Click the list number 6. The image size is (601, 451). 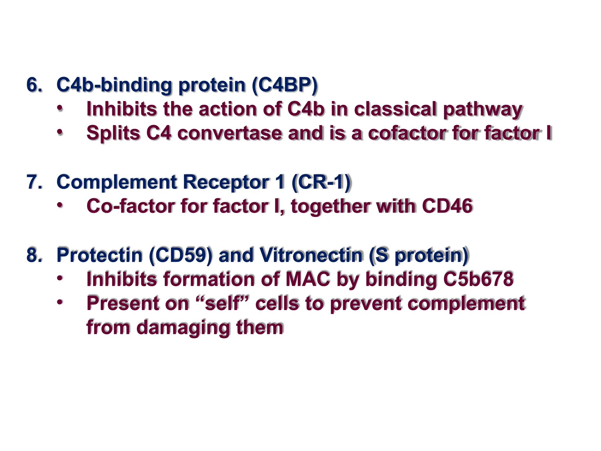34,85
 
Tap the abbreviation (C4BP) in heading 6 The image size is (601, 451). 285,85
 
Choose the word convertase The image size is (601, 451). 229,133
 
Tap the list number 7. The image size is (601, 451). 34,182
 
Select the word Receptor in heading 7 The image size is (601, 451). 226,182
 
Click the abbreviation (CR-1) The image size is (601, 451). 321,182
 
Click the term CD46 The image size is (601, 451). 447,206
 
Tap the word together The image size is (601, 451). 330,206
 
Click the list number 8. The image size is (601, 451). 34,255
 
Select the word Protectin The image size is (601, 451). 99,255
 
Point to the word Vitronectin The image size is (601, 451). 311,255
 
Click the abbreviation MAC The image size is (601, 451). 308,279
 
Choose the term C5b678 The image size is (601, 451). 478,279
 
